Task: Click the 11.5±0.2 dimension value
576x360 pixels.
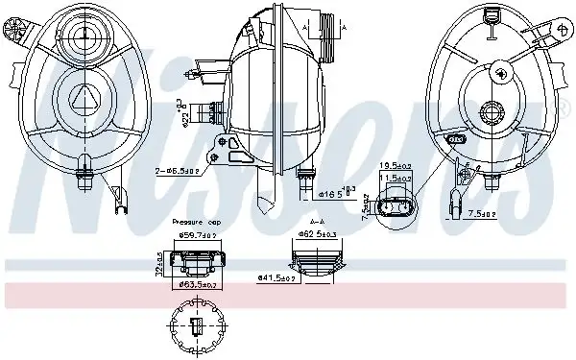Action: tap(395, 179)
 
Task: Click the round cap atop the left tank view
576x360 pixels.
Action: tap(84, 36)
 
